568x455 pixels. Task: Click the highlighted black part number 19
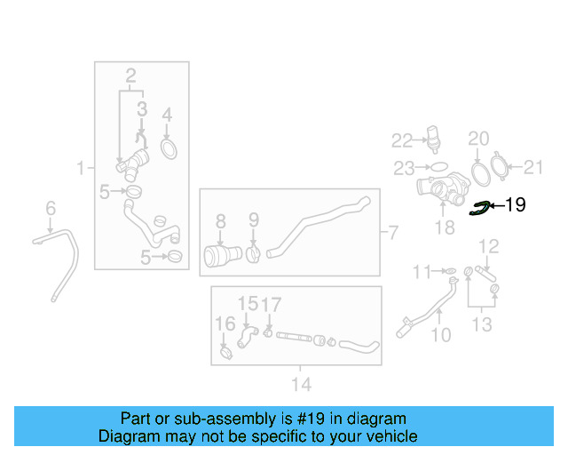(515, 205)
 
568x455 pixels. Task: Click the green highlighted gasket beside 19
(481, 208)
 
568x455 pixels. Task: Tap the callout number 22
(403, 140)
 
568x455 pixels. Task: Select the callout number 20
(478, 138)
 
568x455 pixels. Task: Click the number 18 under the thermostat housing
(443, 227)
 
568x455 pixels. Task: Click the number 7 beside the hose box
(394, 234)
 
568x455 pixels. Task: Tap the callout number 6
(51, 208)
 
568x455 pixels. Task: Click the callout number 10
(441, 335)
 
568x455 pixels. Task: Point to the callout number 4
(166, 114)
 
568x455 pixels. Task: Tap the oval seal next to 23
(438, 166)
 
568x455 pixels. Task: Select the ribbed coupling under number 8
(218, 256)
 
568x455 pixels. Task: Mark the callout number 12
(489, 244)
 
